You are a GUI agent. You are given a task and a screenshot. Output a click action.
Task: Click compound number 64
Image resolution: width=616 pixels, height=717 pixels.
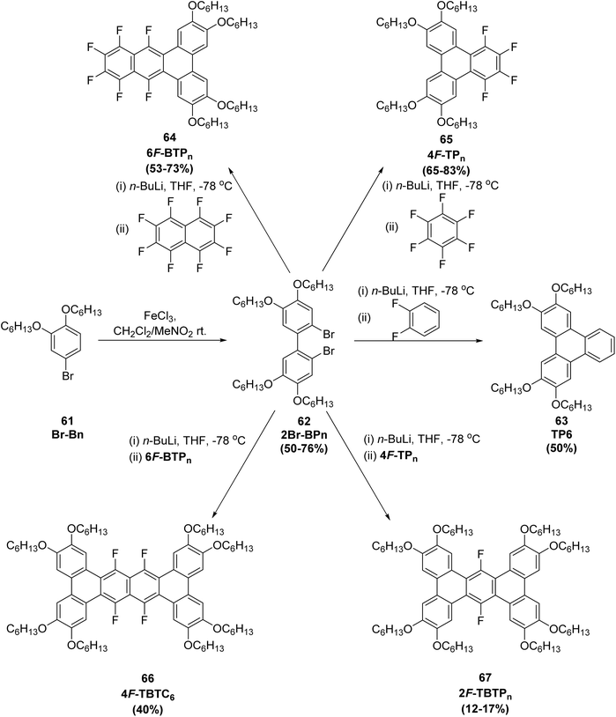pyautogui.click(x=169, y=139)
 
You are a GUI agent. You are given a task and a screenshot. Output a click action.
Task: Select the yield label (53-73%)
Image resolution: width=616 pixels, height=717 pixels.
pyautogui.click(x=169, y=169)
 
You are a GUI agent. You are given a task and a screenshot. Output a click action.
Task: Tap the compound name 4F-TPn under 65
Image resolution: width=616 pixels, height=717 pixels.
pyautogui.click(x=446, y=154)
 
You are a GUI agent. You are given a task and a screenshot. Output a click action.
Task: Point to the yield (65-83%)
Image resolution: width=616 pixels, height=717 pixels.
pyautogui.click(x=446, y=171)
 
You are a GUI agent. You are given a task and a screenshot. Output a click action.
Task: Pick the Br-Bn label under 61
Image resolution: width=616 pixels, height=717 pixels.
pyautogui.click(x=68, y=435)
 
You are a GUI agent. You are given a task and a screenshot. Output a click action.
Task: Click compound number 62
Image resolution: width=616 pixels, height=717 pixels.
pyautogui.click(x=303, y=421)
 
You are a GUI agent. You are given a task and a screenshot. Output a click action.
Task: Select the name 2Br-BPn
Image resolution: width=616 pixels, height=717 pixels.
pyautogui.click(x=303, y=435)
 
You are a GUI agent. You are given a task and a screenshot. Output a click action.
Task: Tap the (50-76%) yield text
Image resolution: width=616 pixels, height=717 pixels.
pyautogui.click(x=303, y=448)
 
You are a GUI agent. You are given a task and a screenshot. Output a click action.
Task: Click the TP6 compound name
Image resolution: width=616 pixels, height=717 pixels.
pyautogui.click(x=561, y=435)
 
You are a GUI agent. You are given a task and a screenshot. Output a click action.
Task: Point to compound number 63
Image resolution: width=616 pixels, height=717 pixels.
pyautogui.click(x=561, y=421)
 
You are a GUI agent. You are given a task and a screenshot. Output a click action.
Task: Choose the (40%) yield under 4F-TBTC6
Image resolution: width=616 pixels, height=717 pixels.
pyautogui.click(x=147, y=710)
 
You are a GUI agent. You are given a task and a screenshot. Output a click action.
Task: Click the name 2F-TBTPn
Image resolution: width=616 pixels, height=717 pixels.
pyautogui.click(x=485, y=696)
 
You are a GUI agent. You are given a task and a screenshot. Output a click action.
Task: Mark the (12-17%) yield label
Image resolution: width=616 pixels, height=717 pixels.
pyautogui.click(x=485, y=710)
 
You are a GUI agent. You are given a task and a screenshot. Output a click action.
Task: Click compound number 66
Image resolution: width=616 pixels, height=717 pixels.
pyautogui.click(x=147, y=678)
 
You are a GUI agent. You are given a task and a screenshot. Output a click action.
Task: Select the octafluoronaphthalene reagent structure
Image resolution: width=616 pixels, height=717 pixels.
pyautogui.click(x=185, y=234)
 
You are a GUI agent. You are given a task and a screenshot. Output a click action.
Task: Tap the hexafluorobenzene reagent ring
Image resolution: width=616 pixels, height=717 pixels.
pyautogui.click(x=442, y=231)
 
